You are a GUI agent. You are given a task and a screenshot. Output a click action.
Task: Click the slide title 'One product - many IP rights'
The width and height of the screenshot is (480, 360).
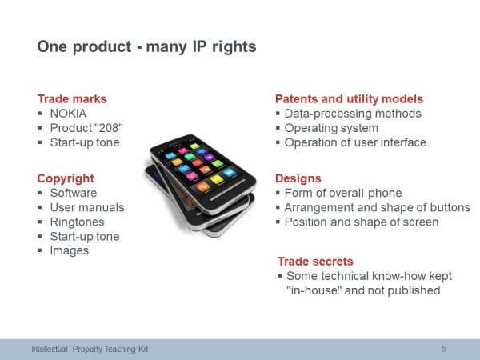click(x=146, y=47)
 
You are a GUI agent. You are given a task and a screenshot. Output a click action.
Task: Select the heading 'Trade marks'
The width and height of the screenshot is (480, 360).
click(x=72, y=99)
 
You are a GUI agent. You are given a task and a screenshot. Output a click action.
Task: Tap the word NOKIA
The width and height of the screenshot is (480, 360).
click(x=68, y=114)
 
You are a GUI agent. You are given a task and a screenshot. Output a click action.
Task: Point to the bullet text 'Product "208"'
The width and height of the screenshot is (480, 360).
click(x=86, y=128)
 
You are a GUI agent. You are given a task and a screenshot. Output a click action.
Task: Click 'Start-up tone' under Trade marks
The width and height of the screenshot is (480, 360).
click(x=85, y=142)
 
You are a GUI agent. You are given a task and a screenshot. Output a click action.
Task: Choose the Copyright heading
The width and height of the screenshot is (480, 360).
click(x=66, y=178)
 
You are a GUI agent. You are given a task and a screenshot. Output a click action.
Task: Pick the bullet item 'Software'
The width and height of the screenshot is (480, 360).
click(x=74, y=193)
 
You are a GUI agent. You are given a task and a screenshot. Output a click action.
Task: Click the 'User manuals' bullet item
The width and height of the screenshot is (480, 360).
click(x=87, y=207)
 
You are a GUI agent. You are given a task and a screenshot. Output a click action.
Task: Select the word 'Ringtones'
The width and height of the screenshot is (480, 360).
click(x=77, y=222)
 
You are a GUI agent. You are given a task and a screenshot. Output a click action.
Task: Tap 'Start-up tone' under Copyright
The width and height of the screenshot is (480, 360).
click(x=85, y=236)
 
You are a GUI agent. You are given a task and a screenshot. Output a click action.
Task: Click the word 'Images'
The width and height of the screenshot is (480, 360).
click(x=70, y=250)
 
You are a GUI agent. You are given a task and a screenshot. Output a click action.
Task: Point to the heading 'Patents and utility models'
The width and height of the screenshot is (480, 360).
click(x=349, y=99)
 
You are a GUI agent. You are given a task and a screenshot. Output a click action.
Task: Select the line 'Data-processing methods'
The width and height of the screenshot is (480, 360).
click(x=353, y=114)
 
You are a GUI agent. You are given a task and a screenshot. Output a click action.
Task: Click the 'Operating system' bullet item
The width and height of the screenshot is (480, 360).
click(x=331, y=128)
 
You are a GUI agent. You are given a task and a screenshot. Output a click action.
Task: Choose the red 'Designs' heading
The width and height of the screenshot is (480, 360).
click(x=298, y=178)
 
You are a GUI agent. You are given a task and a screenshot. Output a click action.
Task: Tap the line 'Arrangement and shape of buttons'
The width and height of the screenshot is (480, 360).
click(x=377, y=207)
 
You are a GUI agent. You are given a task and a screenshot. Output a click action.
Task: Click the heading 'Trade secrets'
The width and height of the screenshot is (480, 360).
click(x=315, y=262)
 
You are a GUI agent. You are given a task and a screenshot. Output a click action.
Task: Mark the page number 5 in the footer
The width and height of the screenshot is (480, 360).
click(x=443, y=349)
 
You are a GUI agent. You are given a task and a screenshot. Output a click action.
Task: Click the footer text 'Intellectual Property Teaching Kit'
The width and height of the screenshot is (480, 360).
click(x=90, y=349)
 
